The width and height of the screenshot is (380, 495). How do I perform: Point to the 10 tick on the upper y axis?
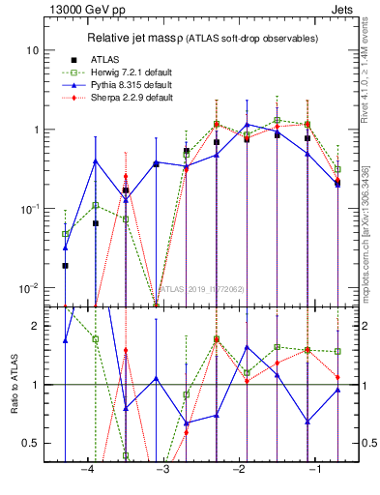(x=33, y=50)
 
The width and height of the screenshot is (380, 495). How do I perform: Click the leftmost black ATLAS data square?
(x=65, y=265)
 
